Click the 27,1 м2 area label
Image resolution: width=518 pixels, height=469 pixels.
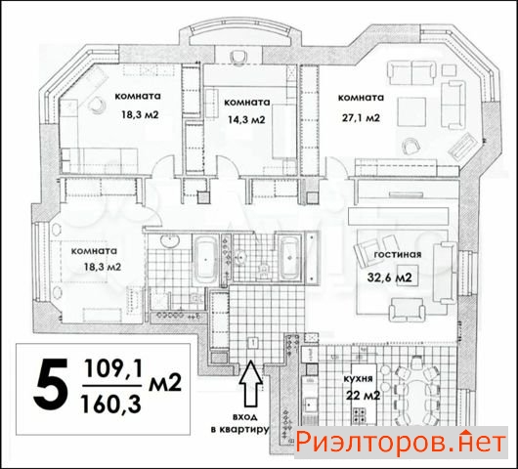click(x=361, y=117)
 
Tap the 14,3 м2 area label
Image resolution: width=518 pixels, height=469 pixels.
click(x=246, y=119)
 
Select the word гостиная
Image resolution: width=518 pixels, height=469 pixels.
click(x=398, y=254)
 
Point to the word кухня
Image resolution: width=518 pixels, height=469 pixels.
click(x=358, y=378)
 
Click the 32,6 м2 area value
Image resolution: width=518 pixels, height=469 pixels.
click(x=390, y=277)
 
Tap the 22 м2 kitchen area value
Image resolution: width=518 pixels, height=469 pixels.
click(x=363, y=395)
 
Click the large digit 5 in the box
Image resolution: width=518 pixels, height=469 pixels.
click(x=51, y=384)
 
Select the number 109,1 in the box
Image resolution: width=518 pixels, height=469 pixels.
click(x=112, y=368)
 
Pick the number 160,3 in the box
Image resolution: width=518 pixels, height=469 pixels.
click(x=111, y=404)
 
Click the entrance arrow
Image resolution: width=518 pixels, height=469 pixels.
click(x=251, y=383)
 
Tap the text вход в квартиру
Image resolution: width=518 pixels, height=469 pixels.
click(x=239, y=423)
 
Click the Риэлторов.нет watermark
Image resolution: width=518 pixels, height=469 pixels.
click(x=401, y=443)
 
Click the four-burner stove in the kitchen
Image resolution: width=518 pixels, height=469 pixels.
click(x=360, y=415)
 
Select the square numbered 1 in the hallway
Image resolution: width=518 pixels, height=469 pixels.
click(x=253, y=344)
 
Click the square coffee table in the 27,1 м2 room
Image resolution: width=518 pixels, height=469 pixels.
click(x=411, y=111)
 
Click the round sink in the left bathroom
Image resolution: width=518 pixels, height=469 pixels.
click(x=170, y=240)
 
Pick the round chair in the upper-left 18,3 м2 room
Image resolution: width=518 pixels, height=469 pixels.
click(x=98, y=105)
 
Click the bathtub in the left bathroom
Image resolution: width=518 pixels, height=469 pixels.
click(x=205, y=259)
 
